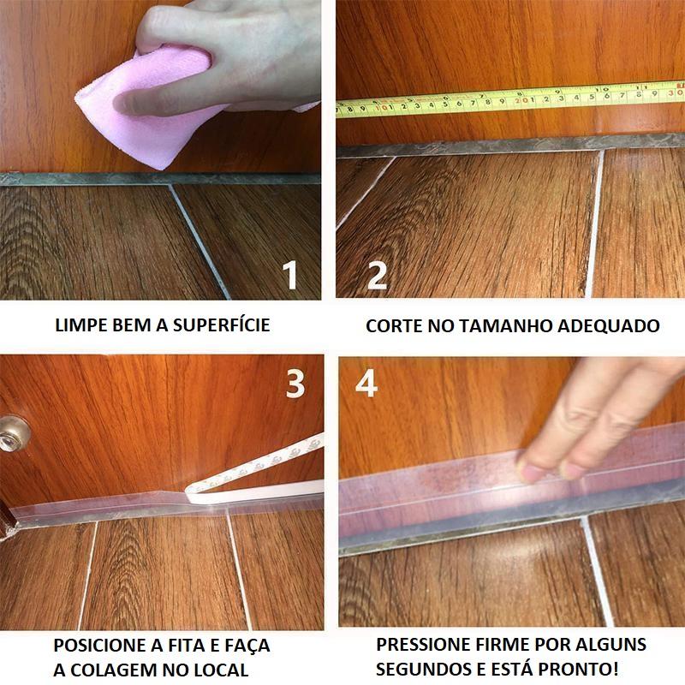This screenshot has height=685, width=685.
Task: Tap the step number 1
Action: point(290,275)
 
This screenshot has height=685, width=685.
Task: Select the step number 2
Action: point(377,275)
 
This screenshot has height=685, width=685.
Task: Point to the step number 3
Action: point(295,384)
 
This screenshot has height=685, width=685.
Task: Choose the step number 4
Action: point(366,384)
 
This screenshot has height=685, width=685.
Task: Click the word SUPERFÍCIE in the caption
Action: point(222,325)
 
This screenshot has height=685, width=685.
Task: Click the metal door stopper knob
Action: point(13,434)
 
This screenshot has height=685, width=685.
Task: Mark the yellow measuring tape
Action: point(510,99)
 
